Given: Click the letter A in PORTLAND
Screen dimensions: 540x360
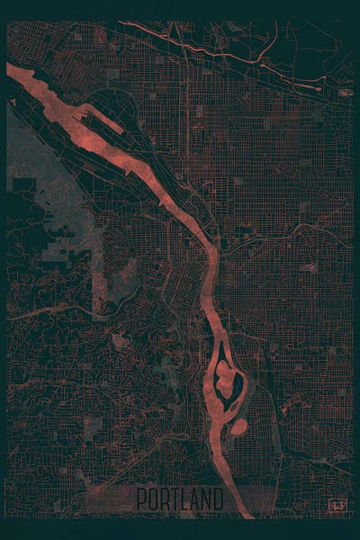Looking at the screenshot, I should coord(196,498).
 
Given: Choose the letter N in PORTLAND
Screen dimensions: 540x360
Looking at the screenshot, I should coord(208,498).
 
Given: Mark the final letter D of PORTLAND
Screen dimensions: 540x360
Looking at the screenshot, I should coord(220,498).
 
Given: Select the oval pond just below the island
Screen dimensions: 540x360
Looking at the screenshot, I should coord(238,423).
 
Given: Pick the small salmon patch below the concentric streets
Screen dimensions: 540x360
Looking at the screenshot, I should coord(307,267).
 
